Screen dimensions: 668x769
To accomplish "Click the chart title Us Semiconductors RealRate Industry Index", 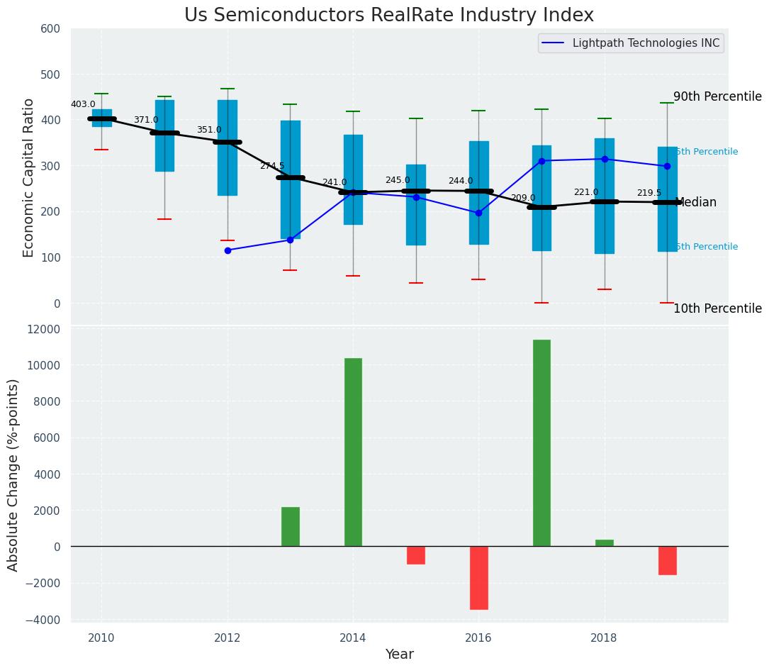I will click(389, 16).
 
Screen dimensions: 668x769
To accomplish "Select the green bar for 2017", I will click(541, 443).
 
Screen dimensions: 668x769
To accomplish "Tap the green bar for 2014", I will click(353, 452).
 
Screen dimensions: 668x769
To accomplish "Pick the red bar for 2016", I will click(478, 577).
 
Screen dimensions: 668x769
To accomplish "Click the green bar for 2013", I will click(290, 527).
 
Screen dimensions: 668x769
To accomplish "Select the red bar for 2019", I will click(667, 560).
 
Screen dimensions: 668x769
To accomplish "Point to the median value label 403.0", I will click(83, 104).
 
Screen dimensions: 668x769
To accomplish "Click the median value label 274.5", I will click(272, 166).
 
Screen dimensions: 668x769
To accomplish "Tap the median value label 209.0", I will click(523, 198).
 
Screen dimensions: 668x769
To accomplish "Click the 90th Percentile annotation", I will click(717, 97).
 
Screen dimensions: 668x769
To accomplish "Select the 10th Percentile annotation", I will click(717, 308).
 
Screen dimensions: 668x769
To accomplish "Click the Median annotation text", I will click(696, 203).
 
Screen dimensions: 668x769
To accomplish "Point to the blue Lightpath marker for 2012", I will click(228, 250).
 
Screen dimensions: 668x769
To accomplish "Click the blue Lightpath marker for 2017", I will click(541, 161).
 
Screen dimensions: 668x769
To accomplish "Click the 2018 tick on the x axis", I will click(604, 638).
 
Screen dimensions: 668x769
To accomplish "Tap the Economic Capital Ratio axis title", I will click(29, 177).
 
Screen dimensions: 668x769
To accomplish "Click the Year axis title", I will click(399, 655).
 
